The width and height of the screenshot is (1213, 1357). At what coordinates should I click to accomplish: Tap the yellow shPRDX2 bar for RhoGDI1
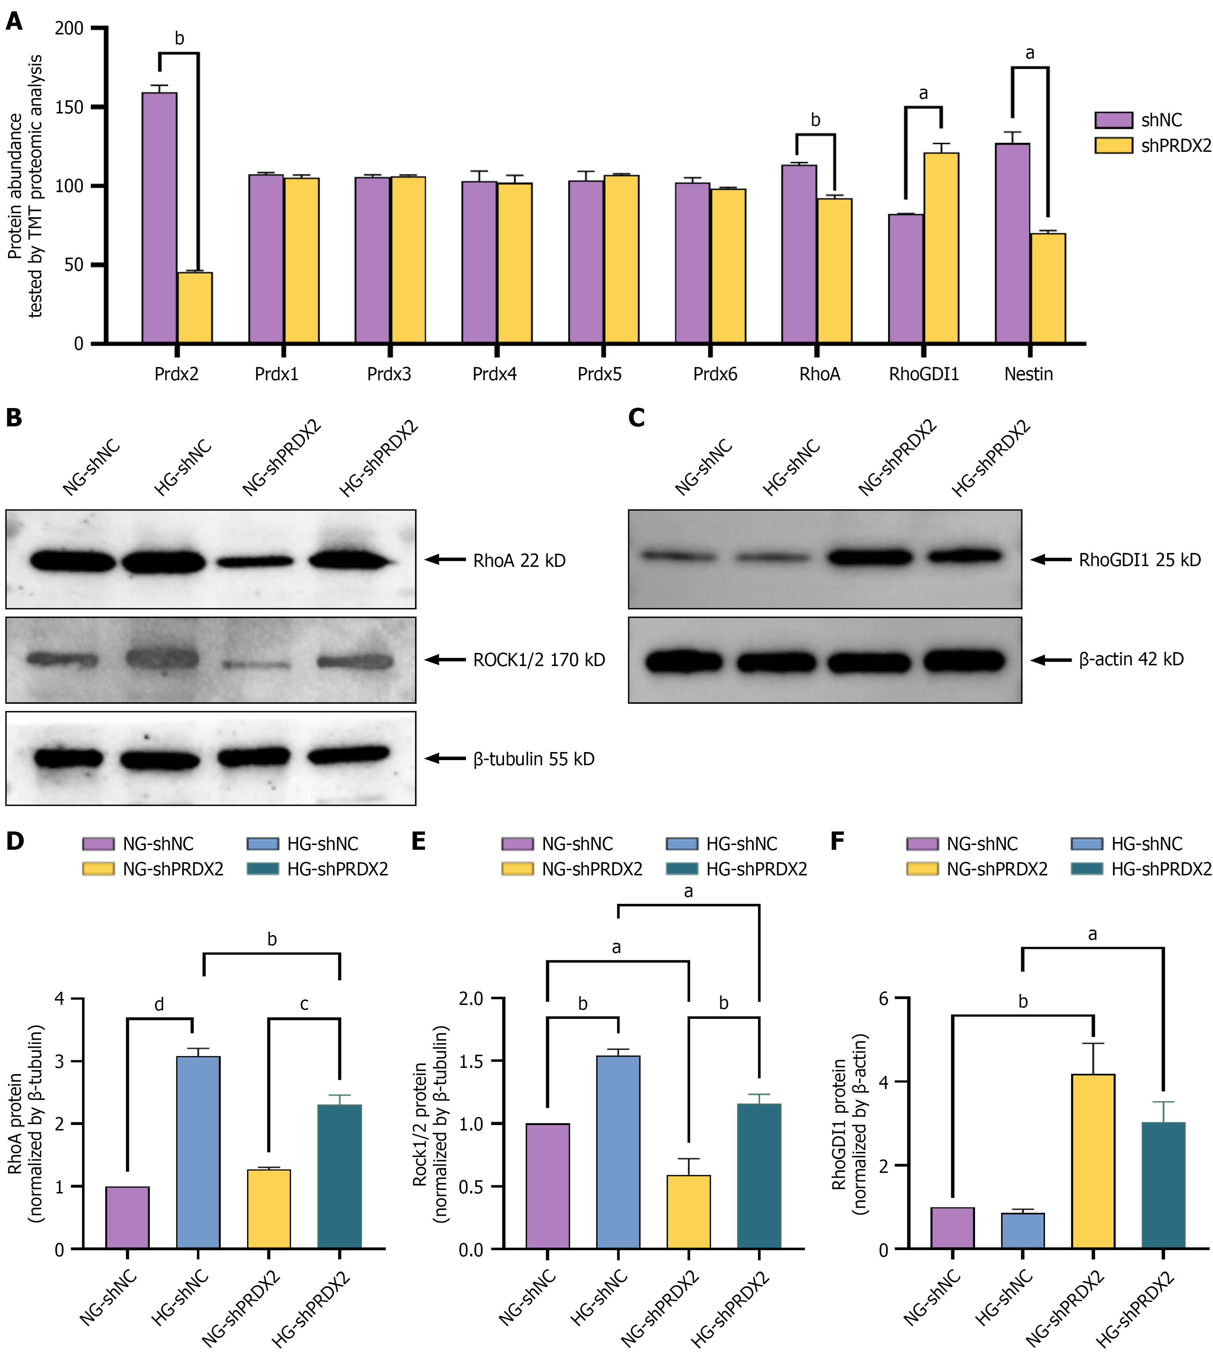941,248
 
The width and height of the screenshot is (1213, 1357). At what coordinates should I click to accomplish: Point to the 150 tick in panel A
69,107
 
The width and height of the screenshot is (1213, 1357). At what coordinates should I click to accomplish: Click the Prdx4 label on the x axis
494,375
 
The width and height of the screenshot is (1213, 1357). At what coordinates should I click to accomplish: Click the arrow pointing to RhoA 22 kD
445,559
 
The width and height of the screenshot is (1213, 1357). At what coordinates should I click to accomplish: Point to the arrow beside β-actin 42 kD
1051,660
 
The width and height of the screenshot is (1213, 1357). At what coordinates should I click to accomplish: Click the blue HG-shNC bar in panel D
198,1152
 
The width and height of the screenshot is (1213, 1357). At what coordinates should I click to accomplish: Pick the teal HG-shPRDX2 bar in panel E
759,1176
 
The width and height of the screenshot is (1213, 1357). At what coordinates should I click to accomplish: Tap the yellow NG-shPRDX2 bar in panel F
1093,1161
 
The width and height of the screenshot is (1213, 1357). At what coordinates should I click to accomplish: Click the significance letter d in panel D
159,1005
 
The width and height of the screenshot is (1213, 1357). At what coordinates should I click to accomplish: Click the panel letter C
637,418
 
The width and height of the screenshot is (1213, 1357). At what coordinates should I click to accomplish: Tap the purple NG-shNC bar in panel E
547,1186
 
